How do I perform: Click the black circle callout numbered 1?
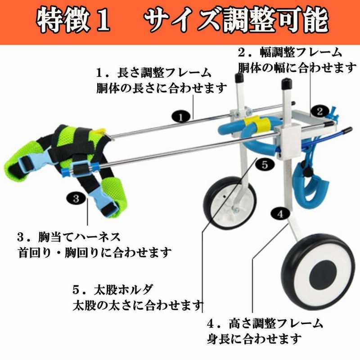[x=181, y=117]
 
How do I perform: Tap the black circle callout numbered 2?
[x=320, y=111]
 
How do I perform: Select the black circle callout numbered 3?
[x=76, y=198]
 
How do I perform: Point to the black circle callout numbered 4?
[x=280, y=214]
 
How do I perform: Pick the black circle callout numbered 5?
[x=265, y=165]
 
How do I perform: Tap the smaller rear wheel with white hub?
[x=229, y=203]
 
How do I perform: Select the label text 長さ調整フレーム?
[x=164, y=73]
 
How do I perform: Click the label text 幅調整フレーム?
[x=301, y=53]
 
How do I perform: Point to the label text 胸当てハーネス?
[x=79, y=237]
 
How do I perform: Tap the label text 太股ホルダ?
[x=123, y=289]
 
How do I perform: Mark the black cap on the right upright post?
[x=286, y=85]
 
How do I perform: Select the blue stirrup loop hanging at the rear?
[x=308, y=186]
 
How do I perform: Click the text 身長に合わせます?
[x=254, y=339]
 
